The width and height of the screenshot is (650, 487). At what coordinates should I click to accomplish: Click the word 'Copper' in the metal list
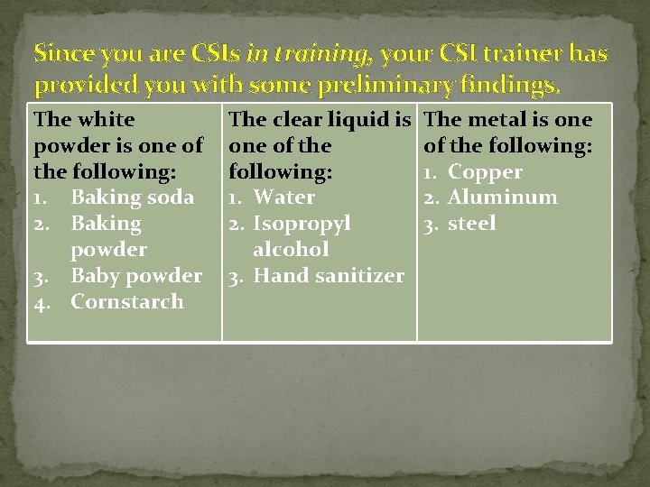tap(485, 172)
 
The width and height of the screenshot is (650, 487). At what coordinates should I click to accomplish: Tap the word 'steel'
tap(471, 224)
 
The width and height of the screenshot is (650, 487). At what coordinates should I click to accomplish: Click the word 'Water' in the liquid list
tap(284, 198)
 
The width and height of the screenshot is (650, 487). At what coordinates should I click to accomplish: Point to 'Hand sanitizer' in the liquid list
tap(329, 276)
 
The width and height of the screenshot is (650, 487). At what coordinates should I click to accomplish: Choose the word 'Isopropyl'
tap(302, 224)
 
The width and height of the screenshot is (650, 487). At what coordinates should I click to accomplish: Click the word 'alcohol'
tap(291, 250)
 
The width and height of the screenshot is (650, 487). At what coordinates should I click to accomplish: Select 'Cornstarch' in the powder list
tap(126, 302)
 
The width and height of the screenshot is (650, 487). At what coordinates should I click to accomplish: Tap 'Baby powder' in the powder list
tap(136, 276)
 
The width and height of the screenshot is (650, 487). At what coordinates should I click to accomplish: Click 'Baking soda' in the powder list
tap(132, 198)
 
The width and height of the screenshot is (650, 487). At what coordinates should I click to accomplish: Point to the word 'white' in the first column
tap(107, 120)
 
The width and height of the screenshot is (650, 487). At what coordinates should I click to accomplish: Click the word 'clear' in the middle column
tap(302, 120)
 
